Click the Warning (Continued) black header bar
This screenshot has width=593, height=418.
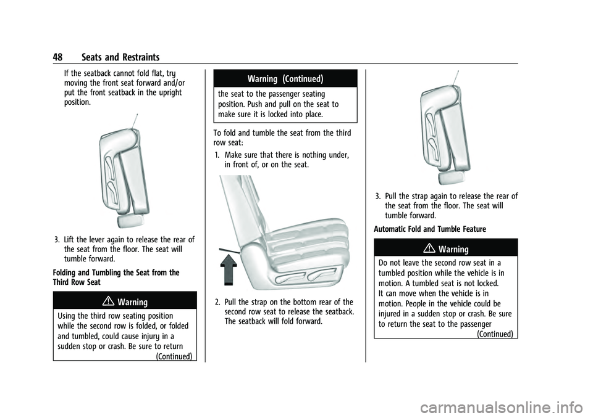click(x=284, y=78)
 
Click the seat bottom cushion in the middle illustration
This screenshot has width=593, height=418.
click(x=296, y=247)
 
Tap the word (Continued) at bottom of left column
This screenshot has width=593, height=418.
click(x=174, y=356)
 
